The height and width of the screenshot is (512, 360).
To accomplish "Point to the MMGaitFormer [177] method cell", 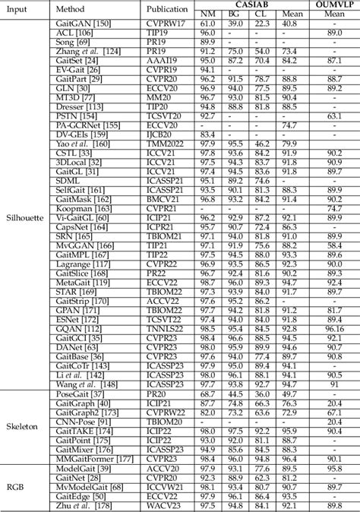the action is (87, 459).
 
